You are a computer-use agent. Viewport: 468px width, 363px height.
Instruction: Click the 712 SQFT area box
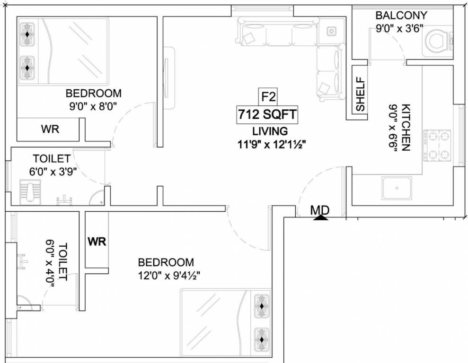point(267,115)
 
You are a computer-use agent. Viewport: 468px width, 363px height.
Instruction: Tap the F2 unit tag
point(268,97)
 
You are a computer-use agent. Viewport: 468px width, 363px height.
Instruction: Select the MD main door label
point(320,209)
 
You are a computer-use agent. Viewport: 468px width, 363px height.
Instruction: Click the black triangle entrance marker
point(321,217)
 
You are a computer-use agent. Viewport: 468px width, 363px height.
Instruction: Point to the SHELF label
point(361,95)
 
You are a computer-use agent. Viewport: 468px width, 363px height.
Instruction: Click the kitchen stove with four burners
point(438,146)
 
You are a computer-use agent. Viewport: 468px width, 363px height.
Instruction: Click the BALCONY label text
point(401,15)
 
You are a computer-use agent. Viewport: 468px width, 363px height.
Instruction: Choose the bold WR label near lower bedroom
point(97,242)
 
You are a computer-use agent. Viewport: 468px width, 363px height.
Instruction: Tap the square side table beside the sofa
point(332,31)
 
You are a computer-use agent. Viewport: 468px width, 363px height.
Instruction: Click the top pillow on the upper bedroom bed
point(28,35)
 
